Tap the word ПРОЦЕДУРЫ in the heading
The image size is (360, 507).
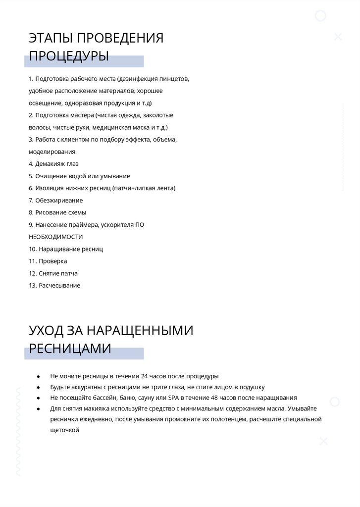tap(69, 56)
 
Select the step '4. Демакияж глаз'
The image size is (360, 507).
tap(53, 164)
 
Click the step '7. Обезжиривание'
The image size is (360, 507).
tap(55, 201)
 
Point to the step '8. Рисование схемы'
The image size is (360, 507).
tap(57, 212)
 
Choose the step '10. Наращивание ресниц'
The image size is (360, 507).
tap(66, 249)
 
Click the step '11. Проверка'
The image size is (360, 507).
tap(48, 261)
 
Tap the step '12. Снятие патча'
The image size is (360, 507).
tap(53, 273)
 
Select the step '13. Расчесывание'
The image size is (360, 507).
tap(54, 285)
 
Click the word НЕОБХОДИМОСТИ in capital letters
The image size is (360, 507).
tap(56, 237)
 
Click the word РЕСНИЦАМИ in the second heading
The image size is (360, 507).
tap(70, 349)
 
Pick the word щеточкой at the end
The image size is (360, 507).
tap(64, 430)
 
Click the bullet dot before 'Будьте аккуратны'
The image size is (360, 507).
tap(38, 387)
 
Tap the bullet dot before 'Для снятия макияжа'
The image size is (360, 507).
tap(38, 408)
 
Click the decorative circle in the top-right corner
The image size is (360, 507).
tap(321, 16)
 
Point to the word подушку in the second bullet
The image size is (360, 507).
tap(253, 387)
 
